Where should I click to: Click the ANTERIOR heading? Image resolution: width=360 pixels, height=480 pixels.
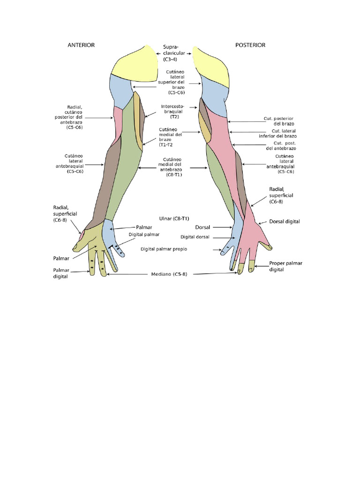pos(81,45)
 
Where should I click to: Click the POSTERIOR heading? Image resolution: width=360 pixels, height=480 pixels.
pos(250,45)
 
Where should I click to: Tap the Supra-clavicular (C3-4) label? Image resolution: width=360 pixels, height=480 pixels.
pos(174,53)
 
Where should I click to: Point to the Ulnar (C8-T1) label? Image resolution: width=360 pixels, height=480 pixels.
pos(174,218)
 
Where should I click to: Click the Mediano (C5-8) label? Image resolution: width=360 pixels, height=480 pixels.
pos(169,274)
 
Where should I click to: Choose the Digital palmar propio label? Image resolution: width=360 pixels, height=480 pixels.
pos(164,249)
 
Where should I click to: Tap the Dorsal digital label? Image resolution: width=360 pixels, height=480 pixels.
pos(285,221)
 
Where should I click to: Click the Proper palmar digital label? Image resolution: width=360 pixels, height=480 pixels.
pos(285,266)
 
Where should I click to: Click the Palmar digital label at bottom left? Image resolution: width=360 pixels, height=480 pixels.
pos(61,273)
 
